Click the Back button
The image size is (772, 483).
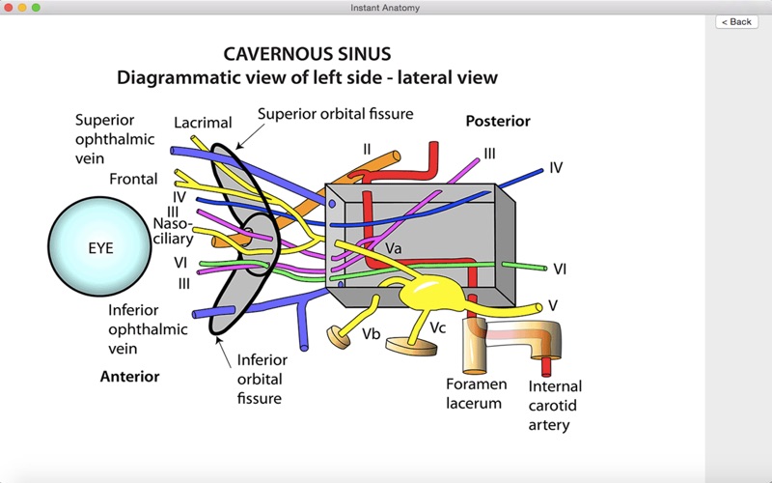click(x=736, y=21)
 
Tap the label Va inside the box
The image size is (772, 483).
click(x=394, y=248)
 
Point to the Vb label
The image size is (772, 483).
click(x=372, y=333)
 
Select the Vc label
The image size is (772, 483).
click(x=438, y=327)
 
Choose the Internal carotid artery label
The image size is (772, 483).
click(x=555, y=406)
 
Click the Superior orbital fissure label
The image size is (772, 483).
click(x=335, y=114)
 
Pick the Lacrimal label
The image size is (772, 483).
click(x=203, y=123)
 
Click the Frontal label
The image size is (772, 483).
click(x=133, y=179)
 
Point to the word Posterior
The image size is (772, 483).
click(x=498, y=122)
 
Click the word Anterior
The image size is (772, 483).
click(x=129, y=376)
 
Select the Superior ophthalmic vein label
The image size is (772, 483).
click(x=115, y=138)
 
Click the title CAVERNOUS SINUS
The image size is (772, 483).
click(x=307, y=53)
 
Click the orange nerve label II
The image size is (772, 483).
click(x=367, y=149)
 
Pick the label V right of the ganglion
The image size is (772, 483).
click(x=553, y=305)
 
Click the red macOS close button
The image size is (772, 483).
click(x=8, y=7)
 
